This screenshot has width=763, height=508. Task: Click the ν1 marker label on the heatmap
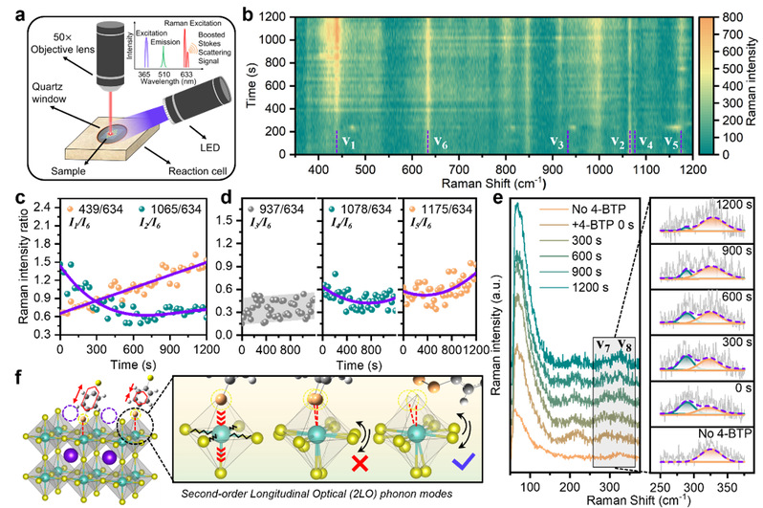(350, 142)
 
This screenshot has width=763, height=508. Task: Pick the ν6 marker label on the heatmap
(441, 142)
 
